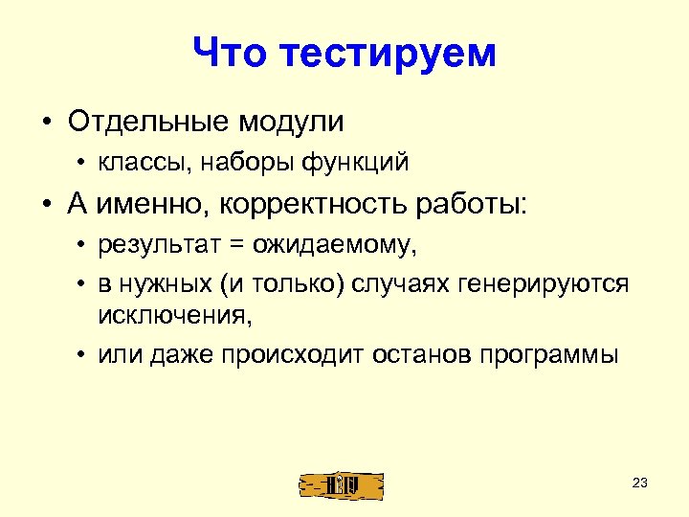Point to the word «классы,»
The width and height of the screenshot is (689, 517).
tap(144, 164)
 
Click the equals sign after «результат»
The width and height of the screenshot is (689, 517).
tap(233, 246)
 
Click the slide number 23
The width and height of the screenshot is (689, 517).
tap(640, 483)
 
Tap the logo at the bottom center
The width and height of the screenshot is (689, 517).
tap(342, 484)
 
